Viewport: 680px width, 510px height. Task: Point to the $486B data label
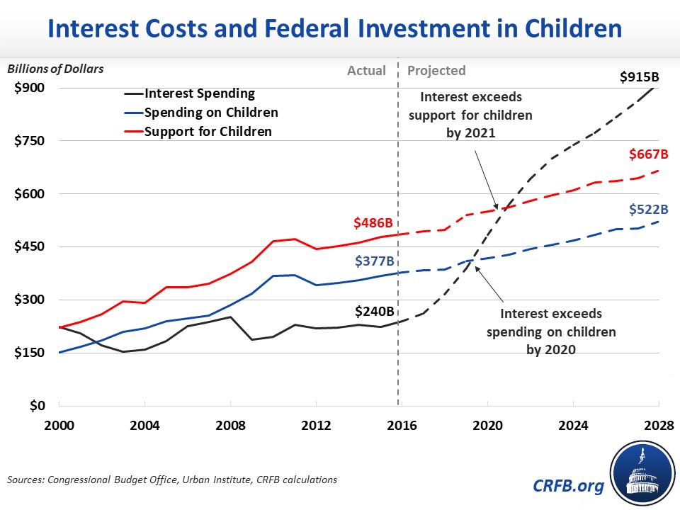[373, 223]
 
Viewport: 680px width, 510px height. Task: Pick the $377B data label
[373, 261]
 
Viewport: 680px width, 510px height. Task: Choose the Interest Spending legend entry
[199, 93]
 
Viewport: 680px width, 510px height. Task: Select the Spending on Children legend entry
[210, 112]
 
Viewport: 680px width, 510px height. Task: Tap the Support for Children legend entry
[208, 131]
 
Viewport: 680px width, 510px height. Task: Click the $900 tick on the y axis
[30, 88]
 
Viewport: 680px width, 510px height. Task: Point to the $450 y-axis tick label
[30, 246]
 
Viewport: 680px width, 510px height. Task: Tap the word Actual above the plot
[367, 70]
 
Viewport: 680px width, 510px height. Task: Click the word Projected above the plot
[437, 70]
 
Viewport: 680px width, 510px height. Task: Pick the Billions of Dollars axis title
[55, 69]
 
